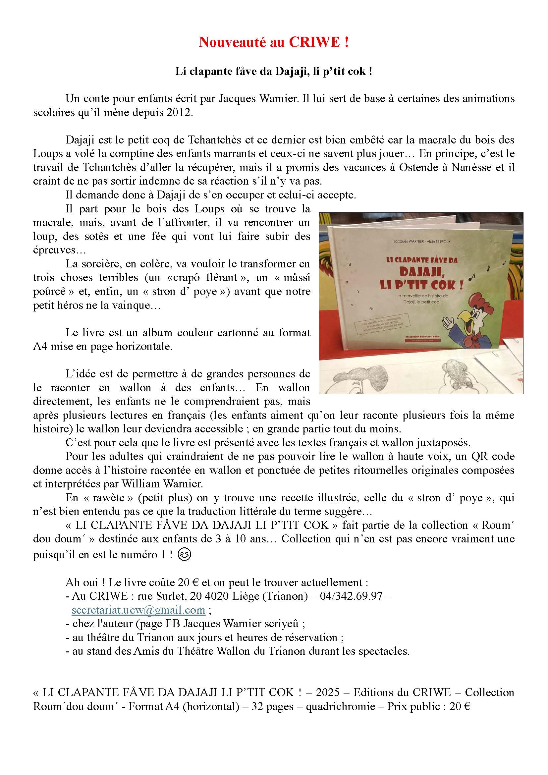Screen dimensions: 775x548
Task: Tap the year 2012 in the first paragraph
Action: [x=179, y=112]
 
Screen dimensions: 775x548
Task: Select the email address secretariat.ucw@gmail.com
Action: [x=138, y=610]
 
